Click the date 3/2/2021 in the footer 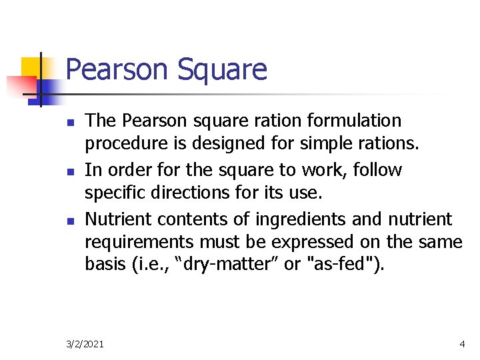[x=85, y=344]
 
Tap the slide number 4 [x=462, y=344]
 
